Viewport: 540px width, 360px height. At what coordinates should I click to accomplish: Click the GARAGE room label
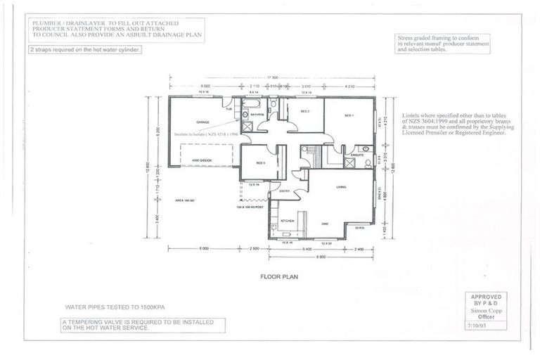coord(203,122)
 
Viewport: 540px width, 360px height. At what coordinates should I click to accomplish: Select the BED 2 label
coord(306,112)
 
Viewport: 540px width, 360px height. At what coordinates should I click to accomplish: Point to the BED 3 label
coord(259,163)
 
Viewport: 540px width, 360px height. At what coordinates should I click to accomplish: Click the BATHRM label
coord(257,114)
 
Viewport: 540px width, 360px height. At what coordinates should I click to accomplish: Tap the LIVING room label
coord(342,187)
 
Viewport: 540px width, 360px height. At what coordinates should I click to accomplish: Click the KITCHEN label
coord(288,221)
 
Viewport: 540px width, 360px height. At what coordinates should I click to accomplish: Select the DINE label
coord(325,224)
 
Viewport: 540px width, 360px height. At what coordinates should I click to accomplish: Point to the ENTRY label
coord(285,191)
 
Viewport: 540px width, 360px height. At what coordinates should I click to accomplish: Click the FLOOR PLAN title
coord(279,277)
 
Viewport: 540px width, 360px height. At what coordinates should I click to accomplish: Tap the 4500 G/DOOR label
coord(202,161)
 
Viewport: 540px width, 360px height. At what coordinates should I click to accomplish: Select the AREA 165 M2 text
coord(184,200)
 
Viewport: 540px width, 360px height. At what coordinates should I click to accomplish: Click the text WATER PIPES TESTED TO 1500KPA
coord(105,308)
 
